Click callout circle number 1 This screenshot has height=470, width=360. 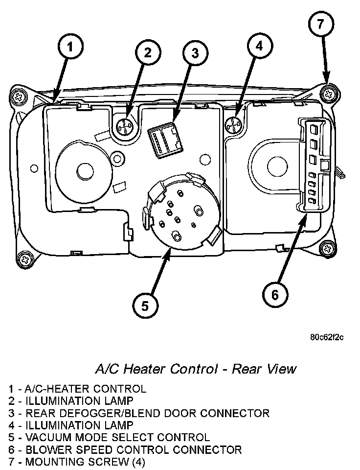point(71,48)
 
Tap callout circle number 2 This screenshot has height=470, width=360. point(147,52)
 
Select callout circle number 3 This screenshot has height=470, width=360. point(195,53)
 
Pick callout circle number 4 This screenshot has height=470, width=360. point(259,47)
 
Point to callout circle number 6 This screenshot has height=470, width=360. point(274,295)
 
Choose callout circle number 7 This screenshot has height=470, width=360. point(321,25)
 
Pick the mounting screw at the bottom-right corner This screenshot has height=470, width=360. point(326,249)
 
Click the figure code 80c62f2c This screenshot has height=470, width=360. point(327,337)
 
